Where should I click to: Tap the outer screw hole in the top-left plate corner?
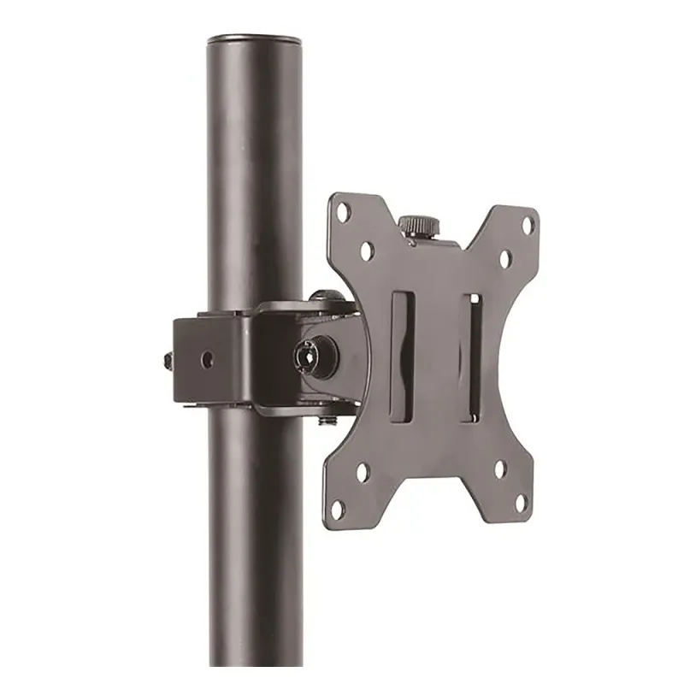(x=343, y=209)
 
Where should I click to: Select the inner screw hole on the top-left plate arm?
(x=367, y=251)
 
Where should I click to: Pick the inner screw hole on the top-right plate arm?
(x=504, y=257)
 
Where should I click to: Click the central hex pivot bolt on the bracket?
(x=304, y=354)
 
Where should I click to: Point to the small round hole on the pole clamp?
(x=207, y=359)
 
